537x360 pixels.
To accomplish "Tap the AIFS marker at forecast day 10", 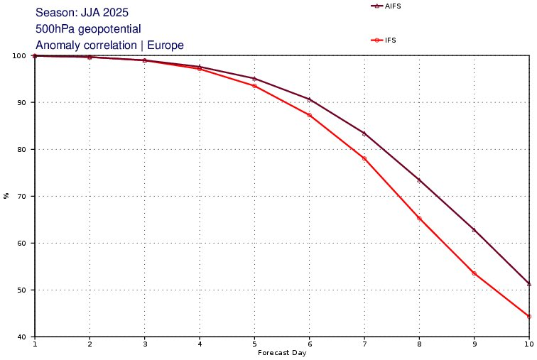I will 529,283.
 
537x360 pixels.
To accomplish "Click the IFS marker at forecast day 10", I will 529,316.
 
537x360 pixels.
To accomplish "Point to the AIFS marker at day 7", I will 364,133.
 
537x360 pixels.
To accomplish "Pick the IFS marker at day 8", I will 419,218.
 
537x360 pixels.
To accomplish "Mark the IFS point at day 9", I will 474,273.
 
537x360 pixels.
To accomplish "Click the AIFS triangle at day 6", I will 309,99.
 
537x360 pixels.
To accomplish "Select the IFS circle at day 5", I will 254,86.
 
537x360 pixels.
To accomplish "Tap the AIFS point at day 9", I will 474,230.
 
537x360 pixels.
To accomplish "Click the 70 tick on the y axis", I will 26,196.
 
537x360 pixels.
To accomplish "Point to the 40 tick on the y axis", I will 26,337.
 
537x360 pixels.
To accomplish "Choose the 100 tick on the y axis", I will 23,55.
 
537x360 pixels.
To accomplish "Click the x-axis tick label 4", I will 200,344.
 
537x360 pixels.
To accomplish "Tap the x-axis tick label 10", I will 529,344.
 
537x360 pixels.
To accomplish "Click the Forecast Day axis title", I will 282,353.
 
